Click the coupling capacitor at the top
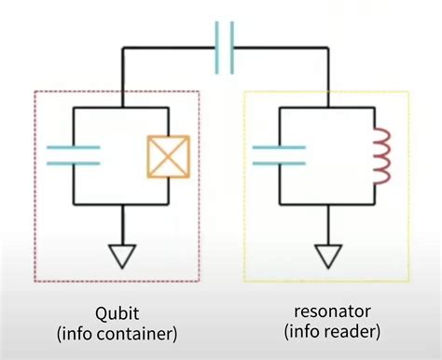click(224, 48)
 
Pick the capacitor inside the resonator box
click(278, 154)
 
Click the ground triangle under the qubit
click(122, 255)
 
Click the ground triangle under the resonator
click(327, 255)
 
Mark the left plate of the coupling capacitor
click(217, 48)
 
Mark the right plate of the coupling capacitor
click(231, 48)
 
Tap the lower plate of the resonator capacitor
click(278, 161)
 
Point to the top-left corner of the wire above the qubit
click(121, 48)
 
